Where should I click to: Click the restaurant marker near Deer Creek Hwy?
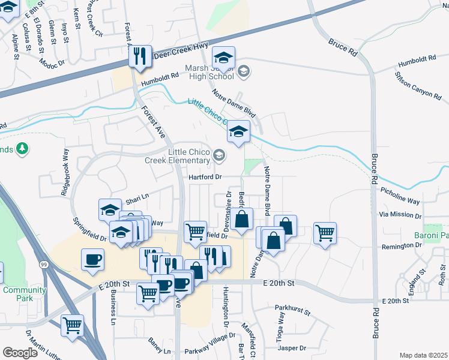[x=140, y=56]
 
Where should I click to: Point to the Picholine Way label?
[x=400, y=195]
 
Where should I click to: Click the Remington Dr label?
[x=402, y=246]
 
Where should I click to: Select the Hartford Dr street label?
[x=205, y=177]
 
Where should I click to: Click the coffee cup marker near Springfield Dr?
[x=92, y=259]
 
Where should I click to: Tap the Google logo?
[x=20, y=352]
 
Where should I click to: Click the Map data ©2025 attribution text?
[x=423, y=355]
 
